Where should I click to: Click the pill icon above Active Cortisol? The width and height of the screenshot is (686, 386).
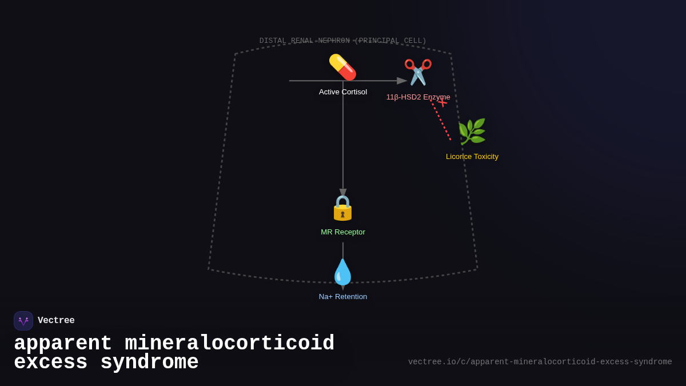[x=342, y=67]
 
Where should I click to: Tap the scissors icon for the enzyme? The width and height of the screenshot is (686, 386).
[x=418, y=72]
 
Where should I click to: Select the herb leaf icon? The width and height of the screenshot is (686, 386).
[x=472, y=132]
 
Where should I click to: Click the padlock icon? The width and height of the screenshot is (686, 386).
[x=342, y=208]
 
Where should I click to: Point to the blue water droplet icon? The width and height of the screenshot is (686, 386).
[x=342, y=272]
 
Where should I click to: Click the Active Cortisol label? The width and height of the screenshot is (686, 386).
[x=343, y=92]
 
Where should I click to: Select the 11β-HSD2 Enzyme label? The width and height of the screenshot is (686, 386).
[x=418, y=97]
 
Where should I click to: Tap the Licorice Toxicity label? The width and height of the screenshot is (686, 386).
[x=472, y=157]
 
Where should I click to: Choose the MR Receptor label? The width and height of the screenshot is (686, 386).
[x=343, y=232]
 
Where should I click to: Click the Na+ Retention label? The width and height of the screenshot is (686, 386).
[x=343, y=297]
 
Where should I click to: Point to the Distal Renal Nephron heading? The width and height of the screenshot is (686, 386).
[x=343, y=41]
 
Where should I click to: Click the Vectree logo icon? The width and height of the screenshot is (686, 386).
[x=23, y=321]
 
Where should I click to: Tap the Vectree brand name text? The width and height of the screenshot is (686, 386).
[x=56, y=321]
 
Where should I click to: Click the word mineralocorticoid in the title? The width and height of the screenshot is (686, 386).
[x=229, y=344]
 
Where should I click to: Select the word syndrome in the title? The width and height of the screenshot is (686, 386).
[x=149, y=363]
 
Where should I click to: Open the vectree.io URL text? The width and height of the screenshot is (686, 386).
[x=540, y=362]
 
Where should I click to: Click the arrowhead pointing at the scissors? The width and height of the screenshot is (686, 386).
[x=402, y=81]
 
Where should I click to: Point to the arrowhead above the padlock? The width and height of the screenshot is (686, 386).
[x=343, y=193]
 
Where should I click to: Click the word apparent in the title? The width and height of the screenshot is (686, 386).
[x=63, y=344]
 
